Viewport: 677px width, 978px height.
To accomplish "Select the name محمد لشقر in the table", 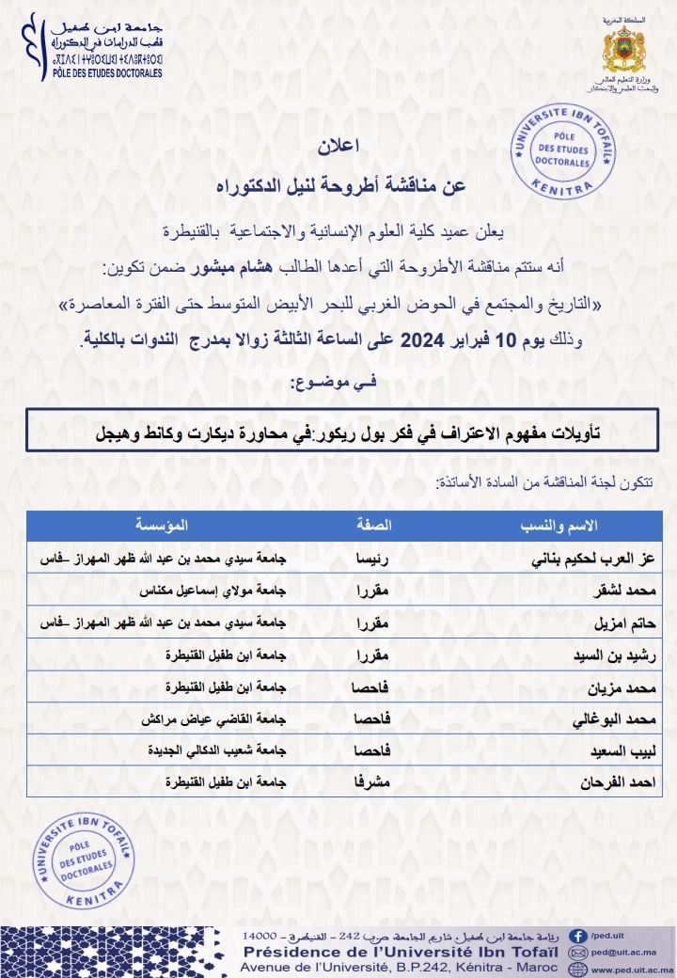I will (620, 591).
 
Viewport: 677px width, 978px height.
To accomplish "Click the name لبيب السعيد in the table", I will (620, 750).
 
